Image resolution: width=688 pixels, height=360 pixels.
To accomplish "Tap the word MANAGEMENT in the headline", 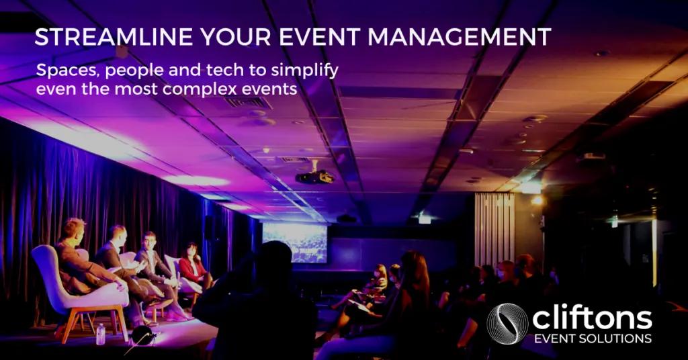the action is [x=460, y=37].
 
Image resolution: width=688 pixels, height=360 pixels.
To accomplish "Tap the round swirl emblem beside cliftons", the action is [x=507, y=324].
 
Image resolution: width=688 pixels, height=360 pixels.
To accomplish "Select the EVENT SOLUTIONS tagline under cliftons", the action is [x=593, y=339].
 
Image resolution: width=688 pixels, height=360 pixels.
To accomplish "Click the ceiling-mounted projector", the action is [x=314, y=176].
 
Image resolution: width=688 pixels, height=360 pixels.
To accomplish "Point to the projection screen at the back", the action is [x=295, y=243].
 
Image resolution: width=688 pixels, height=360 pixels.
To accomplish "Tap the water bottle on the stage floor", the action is [x=101, y=334].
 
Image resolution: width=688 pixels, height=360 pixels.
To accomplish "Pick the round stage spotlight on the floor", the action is [x=144, y=336].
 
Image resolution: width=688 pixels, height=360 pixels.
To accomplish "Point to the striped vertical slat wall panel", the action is [x=494, y=230].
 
